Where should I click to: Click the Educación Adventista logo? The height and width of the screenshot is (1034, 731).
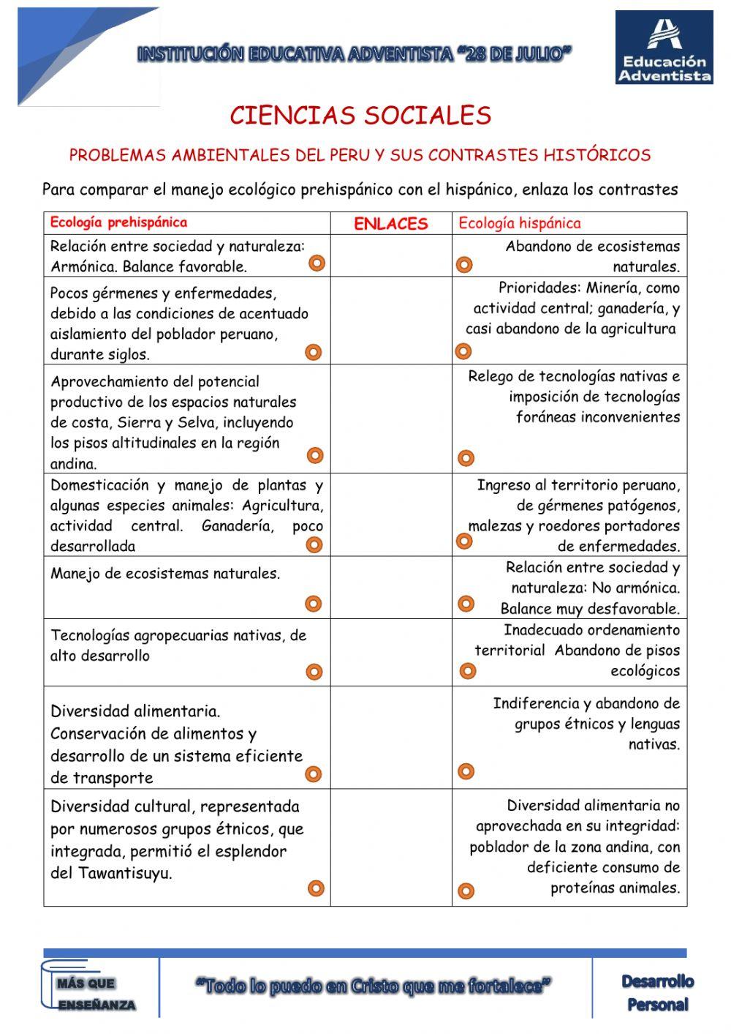664,48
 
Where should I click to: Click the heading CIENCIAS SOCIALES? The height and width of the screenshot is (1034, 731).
360,116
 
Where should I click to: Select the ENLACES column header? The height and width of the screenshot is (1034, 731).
390,224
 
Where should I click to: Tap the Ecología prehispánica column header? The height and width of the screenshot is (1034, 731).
118,222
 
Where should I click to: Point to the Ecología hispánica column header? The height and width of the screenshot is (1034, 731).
519,223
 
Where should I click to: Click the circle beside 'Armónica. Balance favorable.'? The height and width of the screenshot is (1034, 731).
317,263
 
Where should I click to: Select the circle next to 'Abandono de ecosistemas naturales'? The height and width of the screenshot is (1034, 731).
464,264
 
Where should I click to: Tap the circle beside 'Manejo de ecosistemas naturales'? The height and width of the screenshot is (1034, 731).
314,604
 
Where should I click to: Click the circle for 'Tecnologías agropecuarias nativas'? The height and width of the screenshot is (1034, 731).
314,672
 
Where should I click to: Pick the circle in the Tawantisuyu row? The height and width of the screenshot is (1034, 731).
316,888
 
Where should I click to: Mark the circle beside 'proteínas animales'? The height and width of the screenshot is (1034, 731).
466,891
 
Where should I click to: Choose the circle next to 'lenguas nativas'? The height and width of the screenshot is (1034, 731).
466,771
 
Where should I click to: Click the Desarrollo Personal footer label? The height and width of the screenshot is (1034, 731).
657,992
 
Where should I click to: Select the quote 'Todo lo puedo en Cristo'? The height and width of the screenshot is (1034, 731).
373,986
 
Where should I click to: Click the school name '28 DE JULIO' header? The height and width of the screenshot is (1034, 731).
354,54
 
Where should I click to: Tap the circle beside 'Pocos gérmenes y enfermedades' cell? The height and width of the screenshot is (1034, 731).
313,353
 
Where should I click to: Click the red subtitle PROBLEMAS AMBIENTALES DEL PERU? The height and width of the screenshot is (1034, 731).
360,155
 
